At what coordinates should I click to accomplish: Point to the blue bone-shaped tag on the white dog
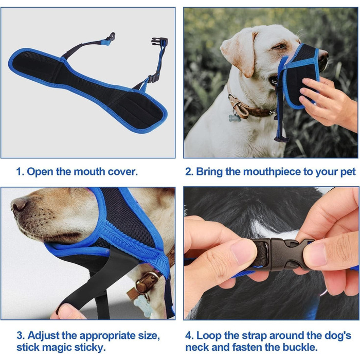click(x=235, y=118)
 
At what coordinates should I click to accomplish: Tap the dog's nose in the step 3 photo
click(x=19, y=204)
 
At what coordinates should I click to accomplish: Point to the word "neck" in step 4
click(x=197, y=347)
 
